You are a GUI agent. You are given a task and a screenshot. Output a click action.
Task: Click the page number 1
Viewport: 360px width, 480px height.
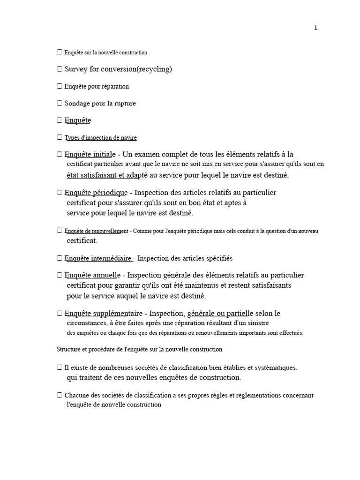pos(315,28)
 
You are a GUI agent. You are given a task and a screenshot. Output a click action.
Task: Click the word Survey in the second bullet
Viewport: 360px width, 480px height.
pos(75,69)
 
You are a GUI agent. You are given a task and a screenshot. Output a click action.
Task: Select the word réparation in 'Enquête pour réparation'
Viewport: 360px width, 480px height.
pos(114,86)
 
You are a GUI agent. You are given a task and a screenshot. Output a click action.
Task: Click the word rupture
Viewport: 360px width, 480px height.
pos(124,103)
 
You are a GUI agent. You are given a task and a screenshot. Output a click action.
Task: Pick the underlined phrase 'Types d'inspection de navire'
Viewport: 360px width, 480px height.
pos(101,138)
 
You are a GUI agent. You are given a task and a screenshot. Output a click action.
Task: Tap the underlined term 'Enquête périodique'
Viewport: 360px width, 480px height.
pos(96,193)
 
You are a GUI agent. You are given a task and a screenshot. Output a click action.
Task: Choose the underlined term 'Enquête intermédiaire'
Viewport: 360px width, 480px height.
pos(99,258)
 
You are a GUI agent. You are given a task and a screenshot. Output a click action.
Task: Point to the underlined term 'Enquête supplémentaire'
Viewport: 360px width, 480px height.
pos(102,313)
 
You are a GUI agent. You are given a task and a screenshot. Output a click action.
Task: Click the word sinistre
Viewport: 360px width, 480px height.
pos(259,323)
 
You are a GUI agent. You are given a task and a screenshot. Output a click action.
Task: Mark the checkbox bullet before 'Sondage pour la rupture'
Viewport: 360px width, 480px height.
pos(59,103)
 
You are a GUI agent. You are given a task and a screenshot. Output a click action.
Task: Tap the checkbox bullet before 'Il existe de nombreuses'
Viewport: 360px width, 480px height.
pos(59,368)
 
